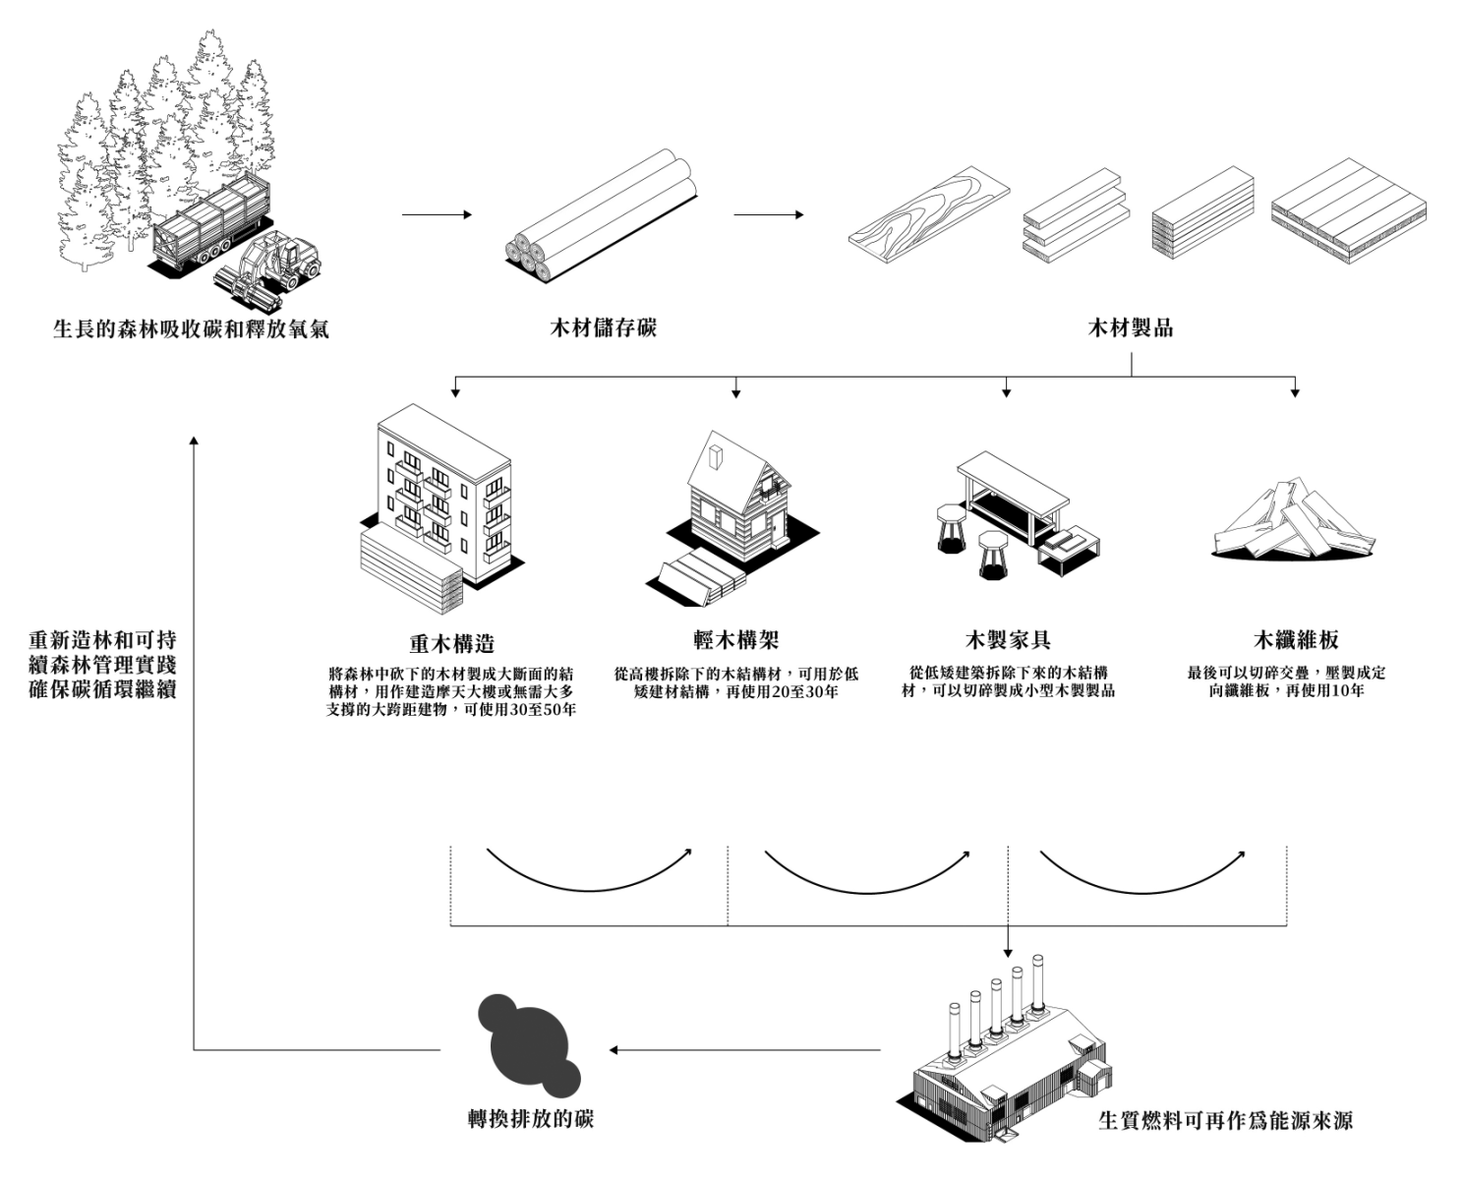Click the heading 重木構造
451,644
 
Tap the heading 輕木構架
735,640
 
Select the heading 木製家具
1008,640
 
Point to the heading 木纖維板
1296,640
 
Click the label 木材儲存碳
603,327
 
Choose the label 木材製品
1130,327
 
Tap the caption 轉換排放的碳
531,1118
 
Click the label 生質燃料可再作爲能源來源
1225,1120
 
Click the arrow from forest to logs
437,214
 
